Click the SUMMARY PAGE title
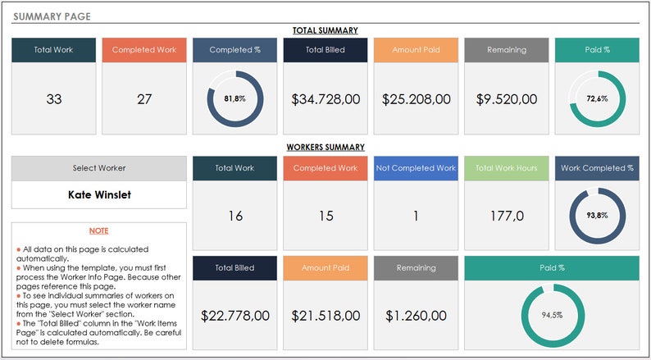pyautogui.click(x=52, y=16)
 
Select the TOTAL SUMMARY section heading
pyautogui.click(x=325, y=30)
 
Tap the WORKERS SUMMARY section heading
pyautogui.click(x=325, y=148)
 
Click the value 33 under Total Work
pyautogui.click(x=53, y=99)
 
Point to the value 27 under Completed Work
pyautogui.click(x=144, y=99)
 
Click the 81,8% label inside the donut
pyautogui.click(x=234, y=98)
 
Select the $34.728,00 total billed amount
pyautogui.click(x=325, y=99)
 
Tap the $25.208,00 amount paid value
pyautogui.click(x=416, y=99)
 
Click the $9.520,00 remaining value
pyautogui.click(x=507, y=99)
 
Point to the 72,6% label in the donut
pyautogui.click(x=597, y=98)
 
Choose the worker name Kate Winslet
pyautogui.click(x=98, y=195)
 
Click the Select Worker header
pyautogui.click(x=98, y=168)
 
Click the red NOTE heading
pyautogui.click(x=98, y=231)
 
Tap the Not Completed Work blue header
pyautogui.click(x=416, y=168)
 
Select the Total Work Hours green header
pyautogui.click(x=507, y=168)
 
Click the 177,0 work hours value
pyautogui.click(x=507, y=216)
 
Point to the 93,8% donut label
pyautogui.click(x=597, y=216)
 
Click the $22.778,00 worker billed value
pyautogui.click(x=234, y=315)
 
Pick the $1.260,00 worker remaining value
pyautogui.click(x=416, y=315)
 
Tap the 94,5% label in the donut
pyautogui.click(x=552, y=315)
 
